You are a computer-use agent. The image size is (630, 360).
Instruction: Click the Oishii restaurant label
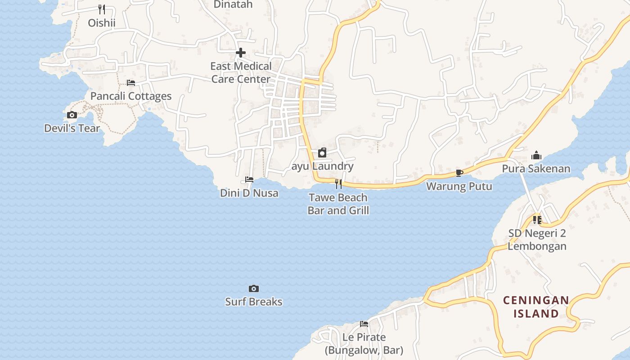pyautogui.click(x=102, y=22)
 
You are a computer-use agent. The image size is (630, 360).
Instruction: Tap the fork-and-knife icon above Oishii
pyautogui.click(x=102, y=9)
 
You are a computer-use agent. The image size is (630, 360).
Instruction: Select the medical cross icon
pyautogui.click(x=241, y=53)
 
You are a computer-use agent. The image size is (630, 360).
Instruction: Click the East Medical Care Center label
pyautogui.click(x=241, y=72)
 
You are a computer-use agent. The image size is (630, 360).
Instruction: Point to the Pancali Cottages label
pyautogui.click(x=131, y=96)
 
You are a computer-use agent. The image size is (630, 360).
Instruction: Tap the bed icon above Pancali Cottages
pyautogui.click(x=131, y=83)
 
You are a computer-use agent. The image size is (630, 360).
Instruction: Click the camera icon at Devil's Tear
pyautogui.click(x=72, y=115)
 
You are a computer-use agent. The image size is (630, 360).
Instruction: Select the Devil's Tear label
pyautogui.click(x=72, y=128)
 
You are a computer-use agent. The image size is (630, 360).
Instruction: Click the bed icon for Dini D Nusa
pyautogui.click(x=249, y=180)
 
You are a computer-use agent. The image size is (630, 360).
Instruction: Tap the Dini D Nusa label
pyautogui.click(x=249, y=193)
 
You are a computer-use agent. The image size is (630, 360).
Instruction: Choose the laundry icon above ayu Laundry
pyautogui.click(x=322, y=153)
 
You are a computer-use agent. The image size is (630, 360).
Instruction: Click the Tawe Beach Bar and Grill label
pyautogui.click(x=338, y=204)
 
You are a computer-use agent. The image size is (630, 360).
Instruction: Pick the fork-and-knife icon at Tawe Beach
pyautogui.click(x=338, y=184)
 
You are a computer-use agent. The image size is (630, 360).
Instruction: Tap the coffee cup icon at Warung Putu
pyautogui.click(x=459, y=173)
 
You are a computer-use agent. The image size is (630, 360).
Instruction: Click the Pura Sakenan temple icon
pyautogui.click(x=536, y=156)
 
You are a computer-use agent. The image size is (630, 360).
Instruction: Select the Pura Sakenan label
pyautogui.click(x=536, y=169)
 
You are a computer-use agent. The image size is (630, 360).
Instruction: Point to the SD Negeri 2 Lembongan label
pyautogui.click(x=537, y=240)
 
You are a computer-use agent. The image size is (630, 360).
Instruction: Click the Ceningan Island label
pyautogui.click(x=536, y=306)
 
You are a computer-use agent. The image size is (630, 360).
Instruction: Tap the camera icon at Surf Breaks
pyautogui.click(x=254, y=288)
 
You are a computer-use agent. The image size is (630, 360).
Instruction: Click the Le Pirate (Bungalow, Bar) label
pyautogui.click(x=364, y=343)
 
